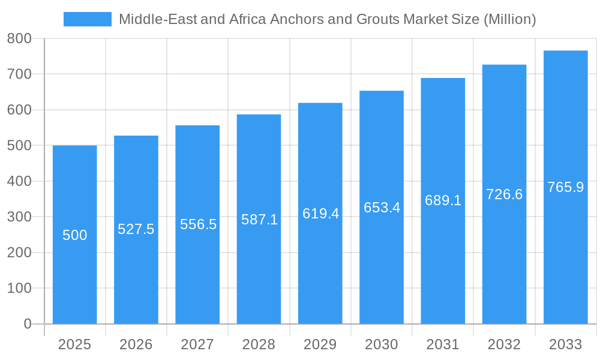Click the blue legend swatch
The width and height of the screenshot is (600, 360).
click(x=88, y=19)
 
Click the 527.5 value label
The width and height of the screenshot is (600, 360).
click(x=136, y=229)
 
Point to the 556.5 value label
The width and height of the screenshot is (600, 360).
click(x=198, y=224)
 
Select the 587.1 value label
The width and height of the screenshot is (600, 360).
click(x=259, y=220)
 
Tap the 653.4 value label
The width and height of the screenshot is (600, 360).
click(x=382, y=208)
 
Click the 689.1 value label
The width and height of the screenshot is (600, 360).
click(x=443, y=200)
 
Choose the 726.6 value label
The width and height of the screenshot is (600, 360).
click(x=504, y=194)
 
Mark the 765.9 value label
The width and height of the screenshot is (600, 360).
click(x=565, y=187)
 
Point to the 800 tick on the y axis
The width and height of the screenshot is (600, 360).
click(x=19, y=39)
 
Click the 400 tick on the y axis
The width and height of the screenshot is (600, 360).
click(x=19, y=181)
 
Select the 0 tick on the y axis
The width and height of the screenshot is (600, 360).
click(x=28, y=324)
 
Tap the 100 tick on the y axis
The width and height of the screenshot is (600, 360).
click(x=19, y=288)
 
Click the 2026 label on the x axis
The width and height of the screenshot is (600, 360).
click(x=136, y=344)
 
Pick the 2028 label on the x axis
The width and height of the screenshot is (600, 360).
click(x=259, y=344)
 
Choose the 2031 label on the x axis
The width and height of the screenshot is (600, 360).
click(x=443, y=344)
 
